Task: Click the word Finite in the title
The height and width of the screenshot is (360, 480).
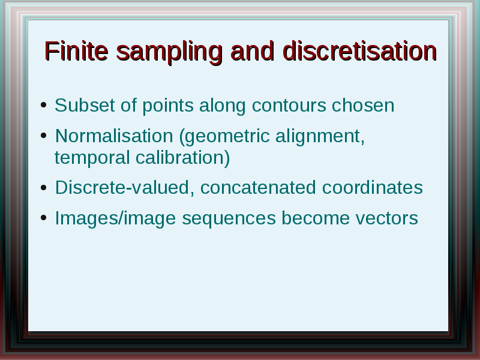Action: point(76,51)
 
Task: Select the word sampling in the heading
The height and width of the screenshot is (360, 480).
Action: point(169,53)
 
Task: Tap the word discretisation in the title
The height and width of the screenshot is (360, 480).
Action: point(359,51)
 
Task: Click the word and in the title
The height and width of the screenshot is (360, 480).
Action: point(252,51)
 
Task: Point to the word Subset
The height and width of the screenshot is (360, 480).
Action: point(85,106)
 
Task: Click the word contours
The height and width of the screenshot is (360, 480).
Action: point(289,106)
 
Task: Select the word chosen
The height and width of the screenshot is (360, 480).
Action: point(363,106)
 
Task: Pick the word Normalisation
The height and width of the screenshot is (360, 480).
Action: point(114,136)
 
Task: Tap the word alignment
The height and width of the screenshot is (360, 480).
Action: point(320,137)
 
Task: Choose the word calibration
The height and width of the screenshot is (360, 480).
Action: point(182,158)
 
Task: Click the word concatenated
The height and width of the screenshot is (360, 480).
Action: point(258,188)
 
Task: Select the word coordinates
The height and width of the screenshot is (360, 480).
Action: point(373,187)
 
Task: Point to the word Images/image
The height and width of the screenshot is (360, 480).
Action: point(115,218)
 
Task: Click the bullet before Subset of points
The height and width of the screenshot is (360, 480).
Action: point(43,105)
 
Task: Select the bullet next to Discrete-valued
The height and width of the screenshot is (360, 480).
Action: point(43,187)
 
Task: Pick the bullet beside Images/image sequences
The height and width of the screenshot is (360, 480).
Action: point(43,218)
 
